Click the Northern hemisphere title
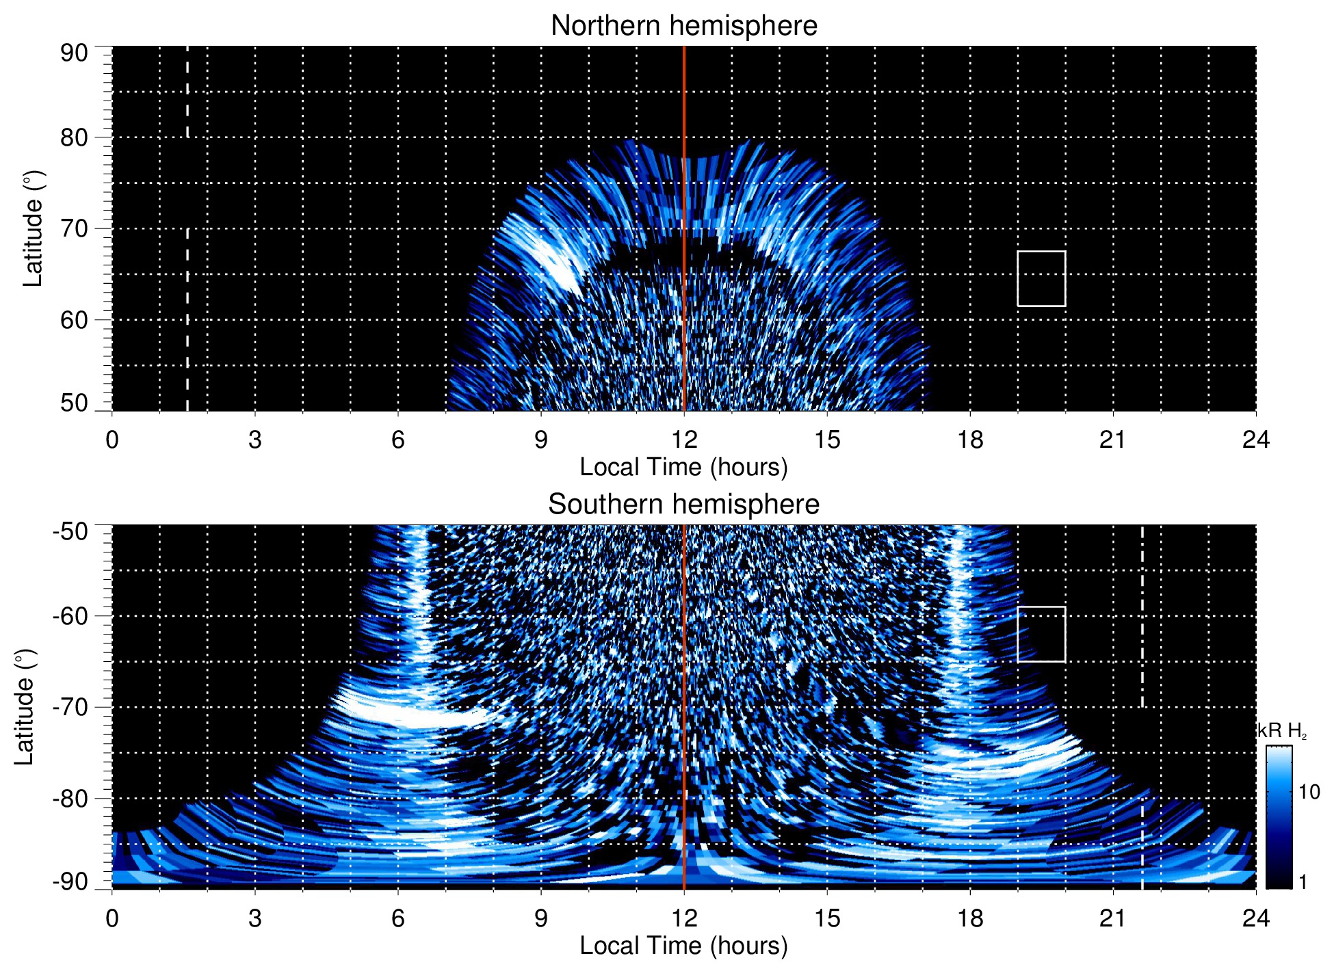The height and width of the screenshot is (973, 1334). click(x=683, y=26)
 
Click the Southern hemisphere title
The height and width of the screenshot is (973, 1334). click(x=683, y=505)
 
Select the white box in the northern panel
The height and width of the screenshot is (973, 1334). click(x=1041, y=278)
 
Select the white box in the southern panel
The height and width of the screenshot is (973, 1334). click(x=1041, y=634)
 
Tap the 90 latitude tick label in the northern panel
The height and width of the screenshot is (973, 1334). click(x=74, y=53)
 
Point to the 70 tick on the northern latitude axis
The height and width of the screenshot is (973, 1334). click(x=74, y=228)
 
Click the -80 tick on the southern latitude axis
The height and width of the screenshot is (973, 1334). click(x=70, y=798)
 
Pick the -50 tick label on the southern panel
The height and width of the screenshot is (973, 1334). click(x=70, y=531)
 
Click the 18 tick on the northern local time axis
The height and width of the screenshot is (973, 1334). click(x=969, y=440)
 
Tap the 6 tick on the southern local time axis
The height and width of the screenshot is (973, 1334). click(x=397, y=918)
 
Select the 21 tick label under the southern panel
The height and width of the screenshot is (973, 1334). click(x=1112, y=918)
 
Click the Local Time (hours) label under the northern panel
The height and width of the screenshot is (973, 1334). click(x=683, y=467)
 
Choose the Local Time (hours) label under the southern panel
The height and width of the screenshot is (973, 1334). click(x=683, y=946)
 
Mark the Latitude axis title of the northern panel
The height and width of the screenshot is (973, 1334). click(x=33, y=228)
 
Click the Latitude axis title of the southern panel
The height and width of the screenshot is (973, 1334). click(x=25, y=707)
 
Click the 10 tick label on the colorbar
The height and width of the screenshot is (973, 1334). click(x=1309, y=792)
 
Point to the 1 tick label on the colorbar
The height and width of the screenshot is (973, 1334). click(x=1303, y=882)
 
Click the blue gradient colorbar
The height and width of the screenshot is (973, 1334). click(x=1279, y=817)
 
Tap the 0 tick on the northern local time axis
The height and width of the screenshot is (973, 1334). click(x=112, y=440)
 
